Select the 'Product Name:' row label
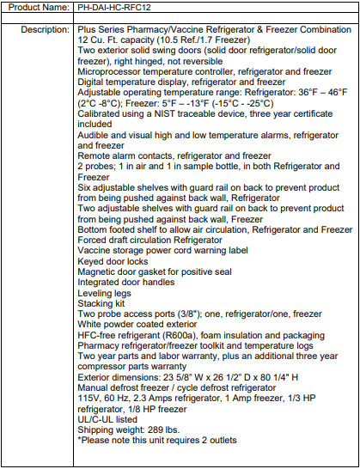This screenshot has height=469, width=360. pos(39,8)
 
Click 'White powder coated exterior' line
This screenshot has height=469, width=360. pos(144,325)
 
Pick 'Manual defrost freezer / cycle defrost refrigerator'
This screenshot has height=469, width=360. pos(195,387)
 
